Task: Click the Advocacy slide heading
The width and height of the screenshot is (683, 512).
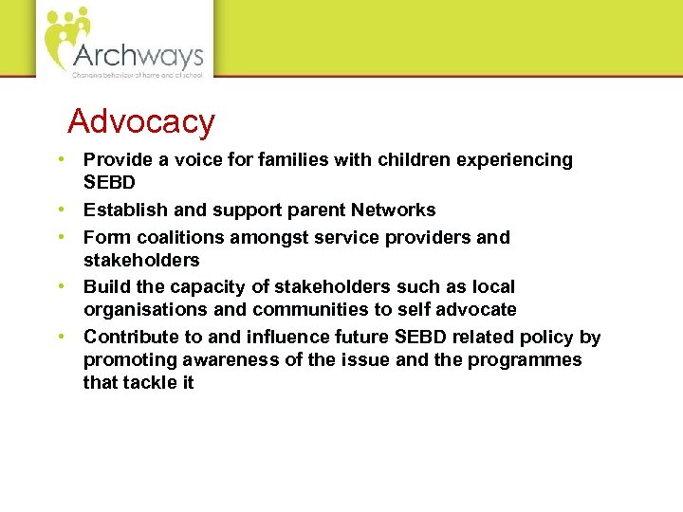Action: coord(141,121)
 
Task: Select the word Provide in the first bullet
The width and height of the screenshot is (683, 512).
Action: coord(117,160)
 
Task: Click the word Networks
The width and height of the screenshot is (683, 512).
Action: coord(393,210)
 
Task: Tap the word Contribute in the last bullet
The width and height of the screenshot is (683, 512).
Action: coord(128,337)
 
